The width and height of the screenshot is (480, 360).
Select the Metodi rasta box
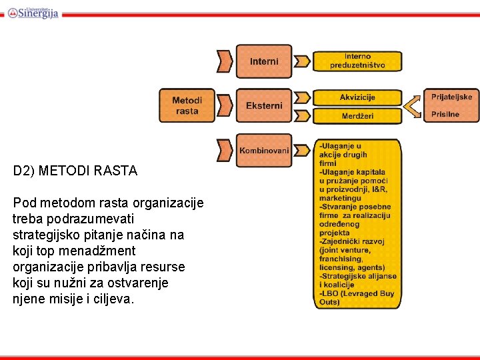(x=187, y=105)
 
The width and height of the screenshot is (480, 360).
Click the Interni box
(x=264, y=61)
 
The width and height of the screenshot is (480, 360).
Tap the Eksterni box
(x=264, y=105)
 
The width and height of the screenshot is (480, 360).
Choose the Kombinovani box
(x=264, y=151)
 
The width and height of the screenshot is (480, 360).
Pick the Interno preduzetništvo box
(x=357, y=61)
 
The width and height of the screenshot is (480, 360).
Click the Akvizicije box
(x=357, y=97)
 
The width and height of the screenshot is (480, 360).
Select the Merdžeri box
(x=357, y=116)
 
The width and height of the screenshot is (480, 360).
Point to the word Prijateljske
(x=451, y=97)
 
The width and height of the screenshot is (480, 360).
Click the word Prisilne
(x=445, y=114)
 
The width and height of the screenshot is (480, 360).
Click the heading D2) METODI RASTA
(x=75, y=171)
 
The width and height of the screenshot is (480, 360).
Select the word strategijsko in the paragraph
(x=45, y=235)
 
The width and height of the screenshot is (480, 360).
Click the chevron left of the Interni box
(x=225, y=61)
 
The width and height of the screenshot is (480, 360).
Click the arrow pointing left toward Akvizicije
(x=413, y=105)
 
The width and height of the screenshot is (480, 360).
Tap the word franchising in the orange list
(x=341, y=259)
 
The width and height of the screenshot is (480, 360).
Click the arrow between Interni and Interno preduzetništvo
(x=303, y=61)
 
